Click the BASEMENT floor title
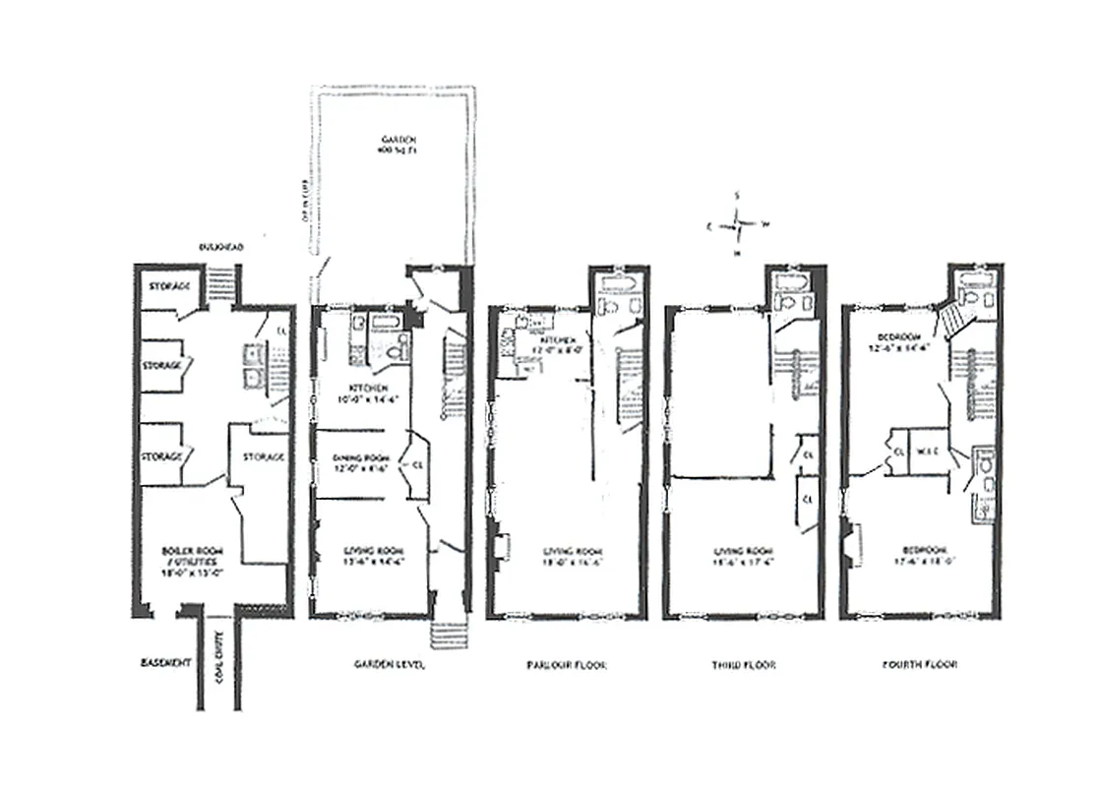(163, 664)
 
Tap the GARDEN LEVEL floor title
(390, 665)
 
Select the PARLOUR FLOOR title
(567, 665)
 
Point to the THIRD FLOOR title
(744, 665)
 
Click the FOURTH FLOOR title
(922, 665)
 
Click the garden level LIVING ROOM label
(370, 556)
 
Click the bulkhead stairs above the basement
(221, 272)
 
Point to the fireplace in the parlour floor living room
(502, 548)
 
